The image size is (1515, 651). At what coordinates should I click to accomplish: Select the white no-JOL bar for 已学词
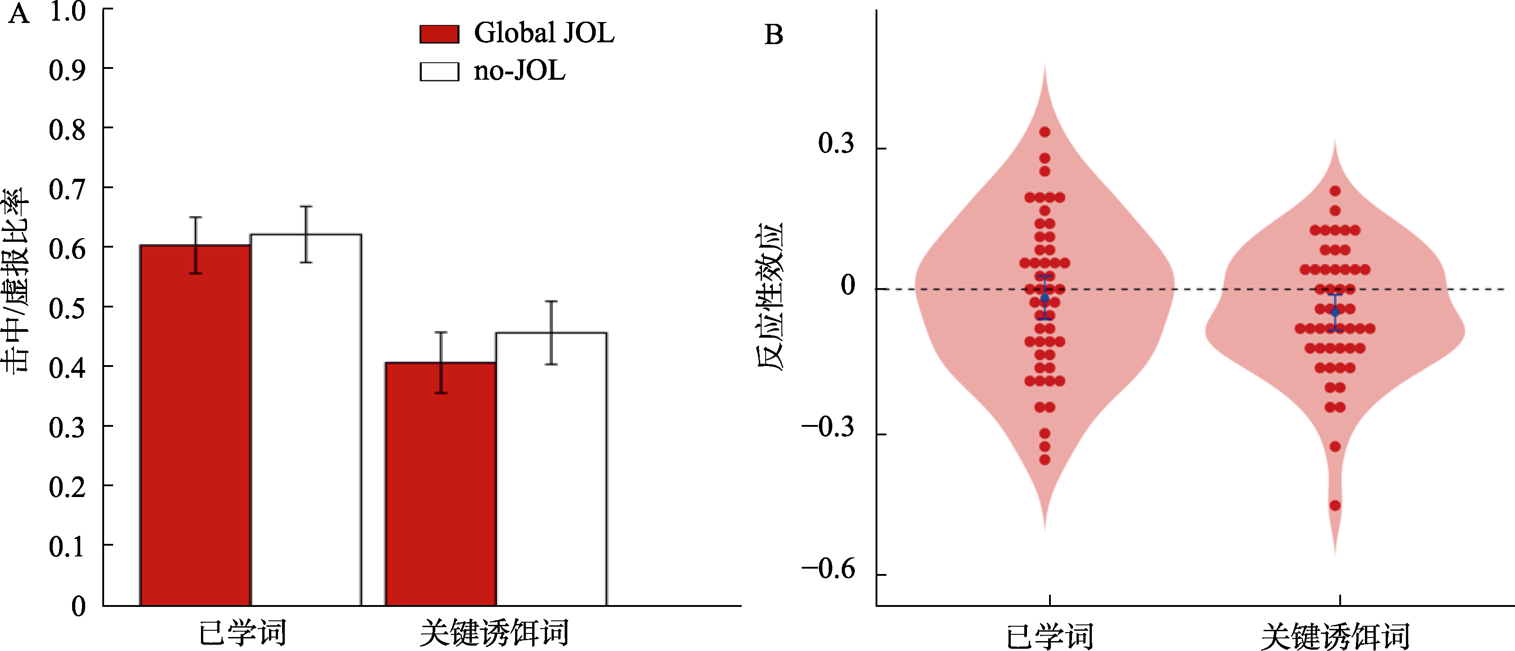(x=306, y=420)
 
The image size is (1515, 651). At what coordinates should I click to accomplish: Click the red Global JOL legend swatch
(x=439, y=34)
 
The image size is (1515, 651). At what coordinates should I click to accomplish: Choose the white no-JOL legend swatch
(x=439, y=72)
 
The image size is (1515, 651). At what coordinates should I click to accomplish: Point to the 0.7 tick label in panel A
(x=67, y=189)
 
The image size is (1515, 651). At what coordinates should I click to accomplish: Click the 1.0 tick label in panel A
(x=67, y=12)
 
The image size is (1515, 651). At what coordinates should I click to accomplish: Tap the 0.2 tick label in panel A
(x=67, y=487)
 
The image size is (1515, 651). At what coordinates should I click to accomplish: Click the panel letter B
(x=773, y=35)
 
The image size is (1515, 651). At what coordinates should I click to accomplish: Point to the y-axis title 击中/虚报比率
(x=15, y=280)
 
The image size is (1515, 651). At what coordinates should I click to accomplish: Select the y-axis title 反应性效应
(x=771, y=296)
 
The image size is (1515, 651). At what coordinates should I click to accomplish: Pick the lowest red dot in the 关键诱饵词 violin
(x=1335, y=505)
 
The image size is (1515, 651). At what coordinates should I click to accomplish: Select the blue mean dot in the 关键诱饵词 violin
(x=1335, y=312)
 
